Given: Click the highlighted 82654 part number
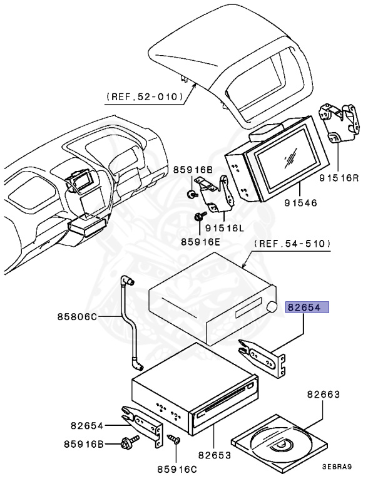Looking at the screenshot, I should (307, 308).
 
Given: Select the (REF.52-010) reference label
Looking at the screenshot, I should (145, 97).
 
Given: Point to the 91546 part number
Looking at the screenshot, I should (300, 202).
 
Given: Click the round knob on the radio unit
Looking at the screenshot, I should (273, 307).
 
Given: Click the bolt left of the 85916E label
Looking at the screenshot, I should (200, 217).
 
